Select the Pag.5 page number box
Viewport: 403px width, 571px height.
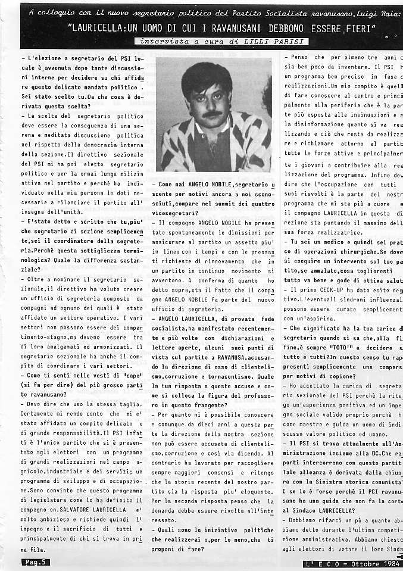pyautogui.click(x=36, y=561)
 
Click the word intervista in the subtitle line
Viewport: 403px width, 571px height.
pyautogui.click(x=159, y=42)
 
